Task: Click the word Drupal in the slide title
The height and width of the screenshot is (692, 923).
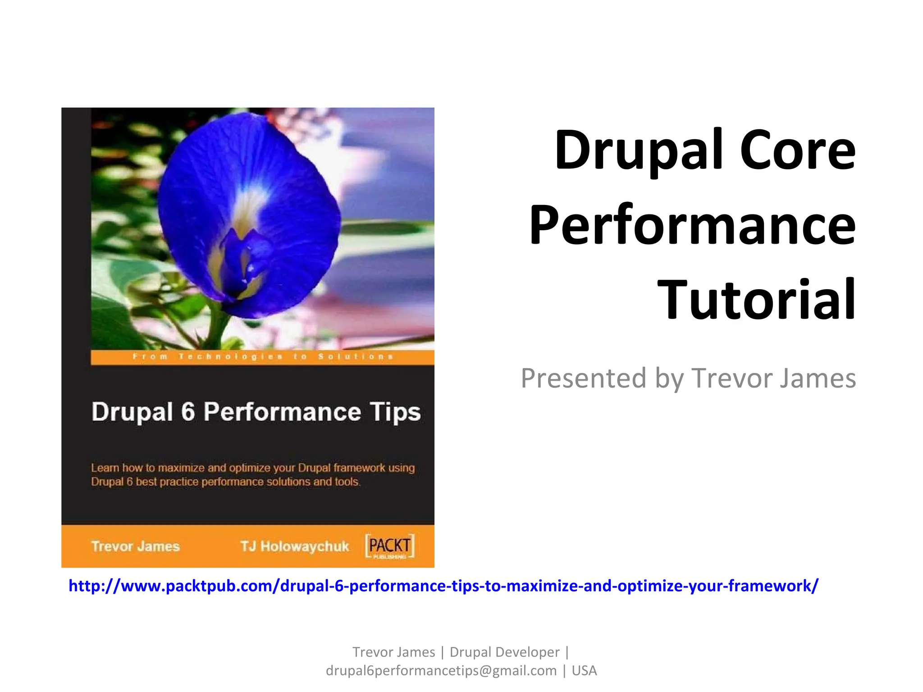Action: tap(639, 151)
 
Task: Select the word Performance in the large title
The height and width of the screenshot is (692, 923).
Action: tap(692, 225)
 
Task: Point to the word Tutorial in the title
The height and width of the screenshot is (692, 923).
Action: tap(756, 300)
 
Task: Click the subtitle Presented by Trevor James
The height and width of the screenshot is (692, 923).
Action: tap(688, 378)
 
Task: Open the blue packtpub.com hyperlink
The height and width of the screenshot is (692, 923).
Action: tap(443, 586)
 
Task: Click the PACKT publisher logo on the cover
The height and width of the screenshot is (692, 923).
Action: tap(389, 546)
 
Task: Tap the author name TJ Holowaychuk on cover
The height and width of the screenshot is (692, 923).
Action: tap(294, 546)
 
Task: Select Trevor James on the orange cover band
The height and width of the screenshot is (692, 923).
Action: tap(135, 546)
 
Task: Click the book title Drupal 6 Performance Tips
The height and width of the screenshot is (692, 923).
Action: tap(256, 412)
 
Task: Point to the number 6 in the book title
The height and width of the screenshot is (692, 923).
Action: tap(188, 412)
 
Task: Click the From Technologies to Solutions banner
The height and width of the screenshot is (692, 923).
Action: tap(262, 357)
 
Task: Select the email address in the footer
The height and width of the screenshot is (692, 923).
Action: tap(441, 670)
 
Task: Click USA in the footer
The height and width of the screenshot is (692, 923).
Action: tap(584, 670)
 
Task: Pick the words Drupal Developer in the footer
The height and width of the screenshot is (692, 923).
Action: tap(504, 652)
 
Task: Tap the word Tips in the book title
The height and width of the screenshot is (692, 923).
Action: tap(395, 412)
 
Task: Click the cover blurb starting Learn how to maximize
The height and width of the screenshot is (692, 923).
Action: tap(252, 475)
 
